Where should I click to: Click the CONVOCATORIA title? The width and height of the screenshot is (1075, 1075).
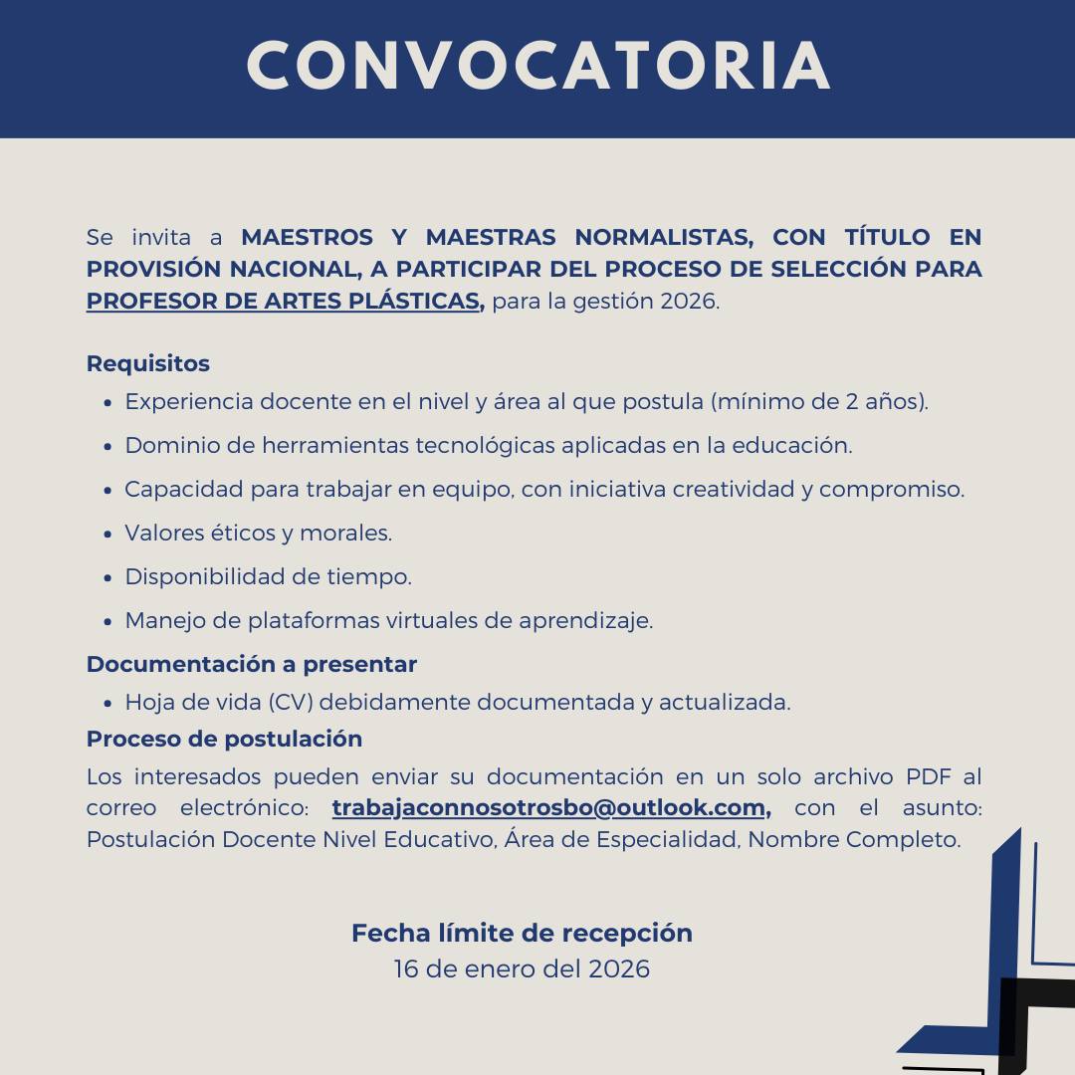tap(537, 67)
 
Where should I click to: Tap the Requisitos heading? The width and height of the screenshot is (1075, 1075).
tap(147, 363)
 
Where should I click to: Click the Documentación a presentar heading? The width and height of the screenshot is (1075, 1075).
tap(251, 664)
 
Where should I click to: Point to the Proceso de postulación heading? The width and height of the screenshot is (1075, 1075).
tap(224, 739)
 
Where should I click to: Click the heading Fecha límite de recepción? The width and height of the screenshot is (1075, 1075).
tap(522, 933)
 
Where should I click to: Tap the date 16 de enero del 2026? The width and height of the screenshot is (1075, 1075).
tap(522, 968)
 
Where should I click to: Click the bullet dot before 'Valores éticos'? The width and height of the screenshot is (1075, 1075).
tap(107, 535)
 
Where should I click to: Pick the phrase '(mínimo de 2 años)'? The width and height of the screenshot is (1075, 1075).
tap(818, 402)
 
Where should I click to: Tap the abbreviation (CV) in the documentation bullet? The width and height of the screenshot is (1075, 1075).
tap(290, 702)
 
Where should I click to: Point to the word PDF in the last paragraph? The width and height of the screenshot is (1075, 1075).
tap(928, 776)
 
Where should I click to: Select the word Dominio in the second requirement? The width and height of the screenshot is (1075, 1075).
tap(164, 446)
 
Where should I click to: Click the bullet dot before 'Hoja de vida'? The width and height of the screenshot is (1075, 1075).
tap(107, 704)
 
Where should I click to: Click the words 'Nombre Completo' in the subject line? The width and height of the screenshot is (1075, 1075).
tap(853, 839)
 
